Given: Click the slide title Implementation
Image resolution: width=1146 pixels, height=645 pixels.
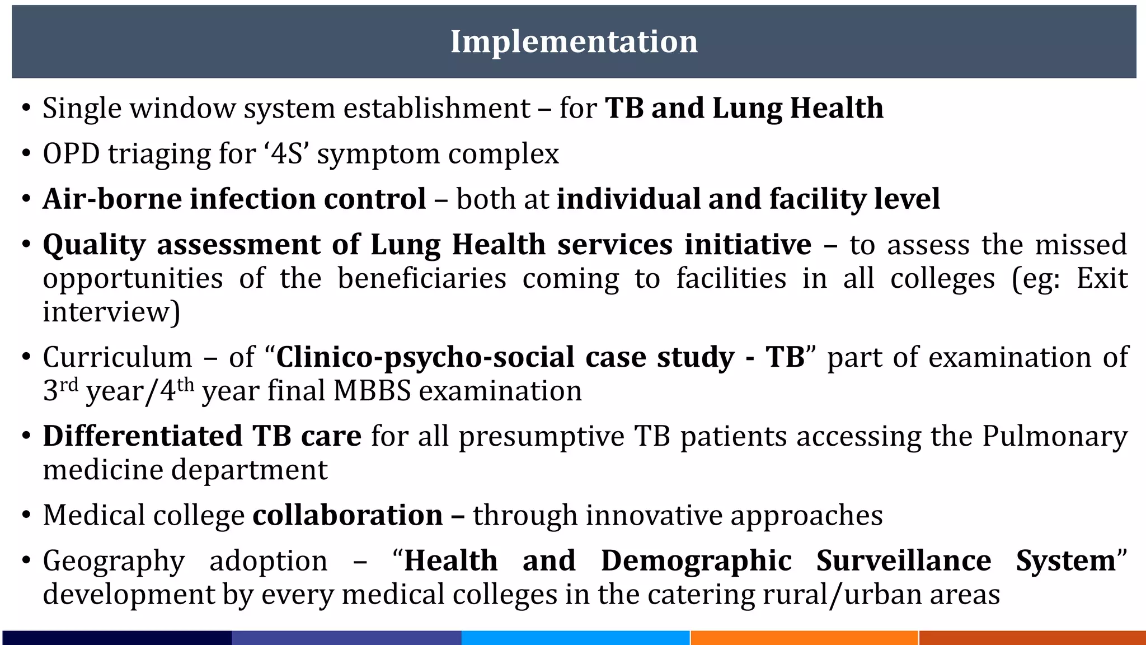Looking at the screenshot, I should (x=574, y=41).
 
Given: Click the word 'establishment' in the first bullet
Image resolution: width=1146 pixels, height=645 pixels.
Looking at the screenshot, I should (x=436, y=108).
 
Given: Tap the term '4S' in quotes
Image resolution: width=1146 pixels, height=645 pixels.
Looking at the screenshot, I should (x=286, y=153).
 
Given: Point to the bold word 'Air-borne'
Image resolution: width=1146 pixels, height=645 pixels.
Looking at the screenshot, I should (x=112, y=199).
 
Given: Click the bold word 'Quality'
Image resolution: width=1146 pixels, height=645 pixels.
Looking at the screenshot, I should (x=94, y=245).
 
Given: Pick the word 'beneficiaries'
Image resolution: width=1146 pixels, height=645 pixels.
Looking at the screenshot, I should (x=422, y=279).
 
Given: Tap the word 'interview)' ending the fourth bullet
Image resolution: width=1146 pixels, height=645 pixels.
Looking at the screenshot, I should (x=111, y=312).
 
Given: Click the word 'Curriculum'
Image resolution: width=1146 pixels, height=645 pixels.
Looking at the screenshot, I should (x=117, y=357).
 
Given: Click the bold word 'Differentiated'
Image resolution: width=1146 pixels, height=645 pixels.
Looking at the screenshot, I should (x=143, y=436).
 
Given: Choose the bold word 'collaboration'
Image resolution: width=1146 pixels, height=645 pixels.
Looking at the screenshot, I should (x=347, y=515).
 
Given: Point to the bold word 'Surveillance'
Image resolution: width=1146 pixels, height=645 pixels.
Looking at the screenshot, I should (x=903, y=560).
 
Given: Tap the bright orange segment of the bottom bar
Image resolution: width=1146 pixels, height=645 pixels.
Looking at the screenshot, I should (x=804, y=638).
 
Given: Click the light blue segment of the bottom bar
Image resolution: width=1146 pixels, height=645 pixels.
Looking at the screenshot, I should (x=575, y=638).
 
